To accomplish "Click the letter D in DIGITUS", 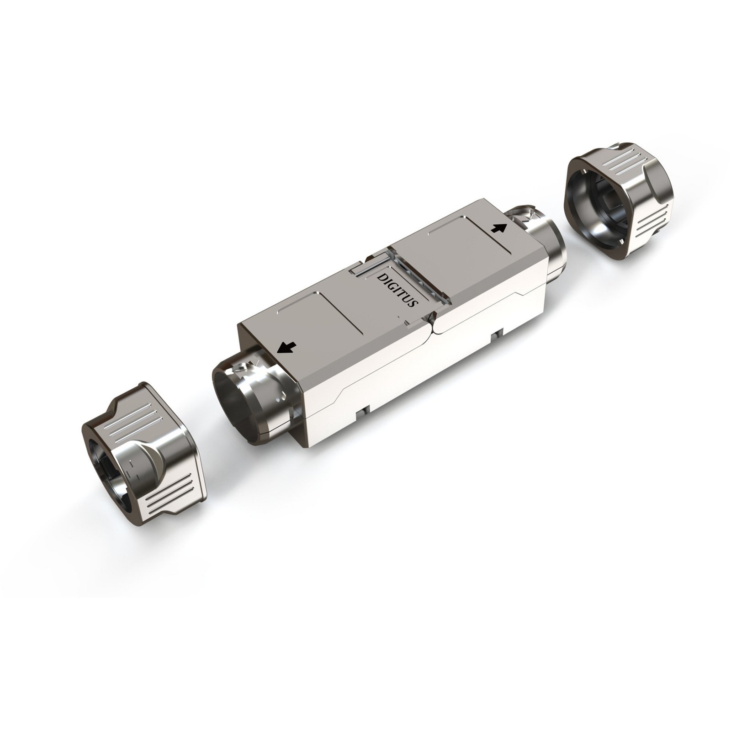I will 380,277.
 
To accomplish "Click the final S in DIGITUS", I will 413,304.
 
